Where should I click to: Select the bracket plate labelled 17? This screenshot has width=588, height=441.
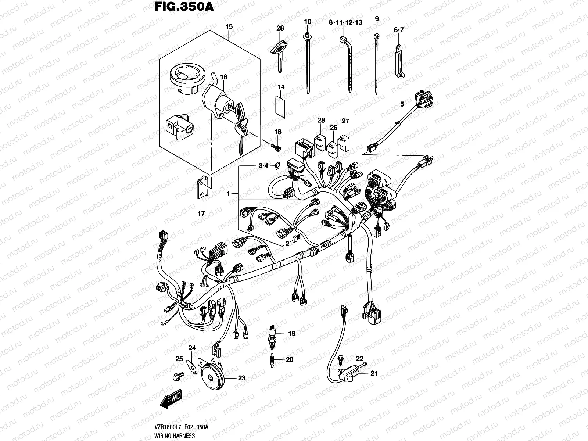[x=202, y=188]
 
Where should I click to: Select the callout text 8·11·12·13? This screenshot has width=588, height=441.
[x=345, y=22]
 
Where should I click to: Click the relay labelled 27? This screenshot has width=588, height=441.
[x=345, y=140]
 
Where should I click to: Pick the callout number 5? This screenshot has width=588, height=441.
[x=402, y=104]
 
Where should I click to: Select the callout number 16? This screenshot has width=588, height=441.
[x=223, y=77]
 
